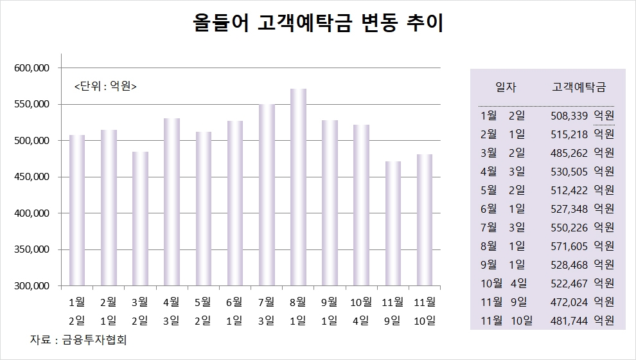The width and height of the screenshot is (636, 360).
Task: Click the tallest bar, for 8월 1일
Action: (298, 187)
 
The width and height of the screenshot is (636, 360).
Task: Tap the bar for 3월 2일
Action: (140, 219)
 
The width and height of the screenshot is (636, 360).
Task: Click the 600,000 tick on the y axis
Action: (32, 68)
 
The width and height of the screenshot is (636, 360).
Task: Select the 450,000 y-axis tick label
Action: (32, 177)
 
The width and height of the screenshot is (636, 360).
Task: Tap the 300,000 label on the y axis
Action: (32, 286)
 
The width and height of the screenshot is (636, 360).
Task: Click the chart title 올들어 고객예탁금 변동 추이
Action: (319, 24)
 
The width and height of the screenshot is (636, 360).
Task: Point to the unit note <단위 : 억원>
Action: (105, 86)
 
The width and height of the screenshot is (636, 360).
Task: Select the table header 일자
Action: (506, 87)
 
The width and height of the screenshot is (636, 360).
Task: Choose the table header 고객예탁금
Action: (579, 87)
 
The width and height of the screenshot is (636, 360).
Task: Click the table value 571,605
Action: (569, 246)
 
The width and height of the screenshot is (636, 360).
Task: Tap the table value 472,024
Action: (569, 301)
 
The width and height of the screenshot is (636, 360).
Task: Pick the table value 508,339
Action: (569, 116)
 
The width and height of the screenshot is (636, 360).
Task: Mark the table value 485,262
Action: (569, 153)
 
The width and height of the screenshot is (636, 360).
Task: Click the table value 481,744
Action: (569, 320)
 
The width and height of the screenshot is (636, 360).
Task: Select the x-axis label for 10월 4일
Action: (361, 310)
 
